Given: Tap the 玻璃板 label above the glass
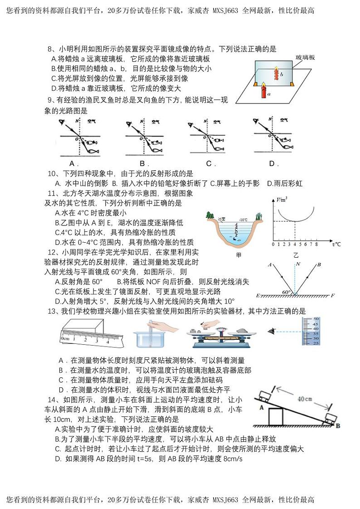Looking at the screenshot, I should (x=305, y=58).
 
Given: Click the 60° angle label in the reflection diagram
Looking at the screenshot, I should (x=287, y=292).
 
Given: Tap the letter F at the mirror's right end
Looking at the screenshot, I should (x=332, y=296).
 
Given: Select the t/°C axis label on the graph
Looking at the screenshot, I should (x=336, y=245).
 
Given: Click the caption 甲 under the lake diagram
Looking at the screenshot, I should (x=238, y=255).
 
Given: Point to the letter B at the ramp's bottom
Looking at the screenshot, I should (x=338, y=425).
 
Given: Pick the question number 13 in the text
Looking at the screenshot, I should (x=51, y=311).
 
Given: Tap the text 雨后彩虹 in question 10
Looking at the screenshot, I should (x=287, y=183).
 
